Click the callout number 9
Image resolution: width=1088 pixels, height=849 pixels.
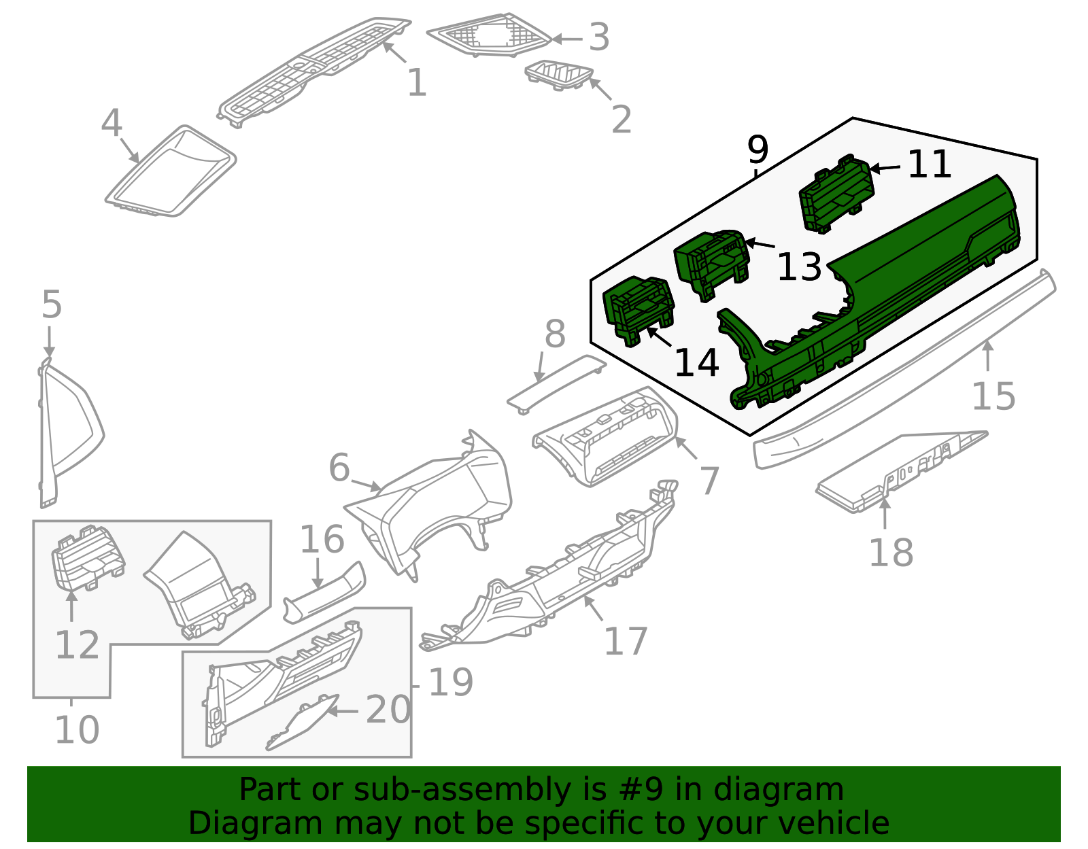[757, 150]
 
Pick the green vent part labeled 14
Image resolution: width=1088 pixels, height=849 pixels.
[638, 309]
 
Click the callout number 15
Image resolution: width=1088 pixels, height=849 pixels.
[993, 396]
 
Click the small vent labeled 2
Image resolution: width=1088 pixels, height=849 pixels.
[559, 74]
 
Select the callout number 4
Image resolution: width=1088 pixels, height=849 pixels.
[112, 124]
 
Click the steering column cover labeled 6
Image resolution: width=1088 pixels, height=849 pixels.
[435, 503]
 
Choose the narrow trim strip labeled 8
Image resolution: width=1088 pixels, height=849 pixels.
[556, 383]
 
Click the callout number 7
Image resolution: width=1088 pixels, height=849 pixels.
[709, 481]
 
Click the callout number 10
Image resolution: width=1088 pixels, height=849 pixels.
[77, 730]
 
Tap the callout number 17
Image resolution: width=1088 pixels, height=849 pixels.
[626, 641]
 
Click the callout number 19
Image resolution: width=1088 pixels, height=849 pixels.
[450, 682]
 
